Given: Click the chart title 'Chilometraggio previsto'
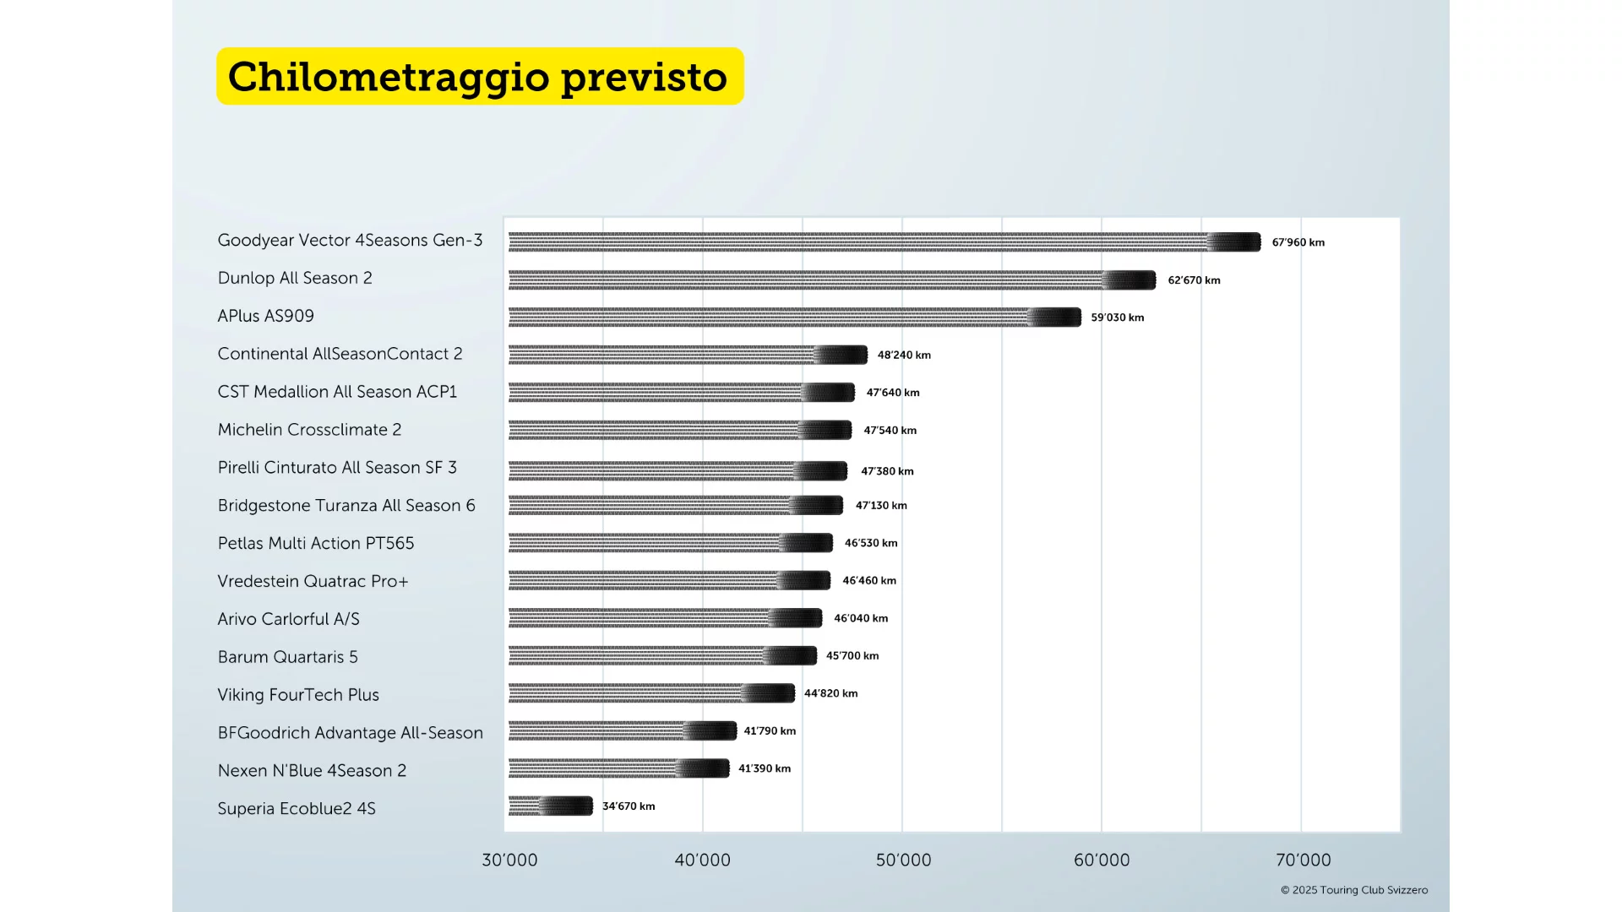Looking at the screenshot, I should pyautogui.click(x=478, y=77).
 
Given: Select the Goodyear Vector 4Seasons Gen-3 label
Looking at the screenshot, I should pyautogui.click(x=350, y=241).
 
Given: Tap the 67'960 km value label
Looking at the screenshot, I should pyautogui.click(x=1298, y=242).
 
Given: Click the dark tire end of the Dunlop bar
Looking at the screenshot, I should pyautogui.click(x=1130, y=280).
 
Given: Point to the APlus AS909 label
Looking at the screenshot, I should pyautogui.click(x=265, y=316).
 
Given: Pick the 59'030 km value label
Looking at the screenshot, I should pyautogui.click(x=1117, y=318).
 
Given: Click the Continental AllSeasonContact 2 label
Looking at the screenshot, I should pyautogui.click(x=340, y=354).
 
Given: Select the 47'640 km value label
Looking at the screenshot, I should pyautogui.click(x=892, y=393).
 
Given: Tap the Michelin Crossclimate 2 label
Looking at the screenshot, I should pyautogui.click(x=309, y=430).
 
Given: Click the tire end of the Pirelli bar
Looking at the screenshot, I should pyautogui.click(x=822, y=471).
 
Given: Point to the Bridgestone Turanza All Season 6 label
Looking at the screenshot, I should pyautogui.click(x=346, y=506).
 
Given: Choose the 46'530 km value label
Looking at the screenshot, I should pyautogui.click(x=871, y=543).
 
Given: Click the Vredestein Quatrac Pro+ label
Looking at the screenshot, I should pyautogui.click(x=313, y=581).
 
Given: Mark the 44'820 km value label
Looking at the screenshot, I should pyautogui.click(x=830, y=693).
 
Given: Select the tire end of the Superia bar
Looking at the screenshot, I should pyautogui.click(x=568, y=806).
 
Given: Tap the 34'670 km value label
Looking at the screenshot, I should pyautogui.click(x=629, y=806).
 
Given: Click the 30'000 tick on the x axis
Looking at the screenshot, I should pyautogui.click(x=509, y=860).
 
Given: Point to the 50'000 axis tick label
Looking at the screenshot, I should pyautogui.click(x=903, y=860).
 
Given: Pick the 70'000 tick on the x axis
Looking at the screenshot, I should pyautogui.click(x=1303, y=860).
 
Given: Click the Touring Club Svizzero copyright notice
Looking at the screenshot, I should pyautogui.click(x=1353, y=890).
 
